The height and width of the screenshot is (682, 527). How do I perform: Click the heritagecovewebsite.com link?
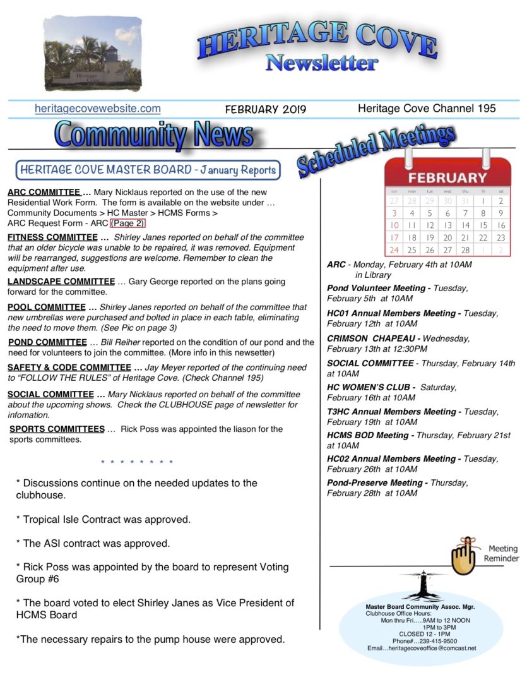[97, 109]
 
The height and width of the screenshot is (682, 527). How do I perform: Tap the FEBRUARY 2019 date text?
[265, 109]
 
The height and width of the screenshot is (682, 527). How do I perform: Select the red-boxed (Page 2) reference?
[127, 223]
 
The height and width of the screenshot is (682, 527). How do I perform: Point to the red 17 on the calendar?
[394, 237]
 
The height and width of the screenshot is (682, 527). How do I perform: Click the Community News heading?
[154, 135]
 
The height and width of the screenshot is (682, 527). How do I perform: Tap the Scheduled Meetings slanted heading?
[376, 150]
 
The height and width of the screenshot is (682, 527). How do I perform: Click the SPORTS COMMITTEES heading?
[57, 429]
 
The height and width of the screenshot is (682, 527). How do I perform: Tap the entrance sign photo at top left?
[93, 54]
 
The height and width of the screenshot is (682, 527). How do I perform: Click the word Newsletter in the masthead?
[321, 63]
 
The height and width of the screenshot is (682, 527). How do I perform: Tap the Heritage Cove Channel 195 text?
[427, 108]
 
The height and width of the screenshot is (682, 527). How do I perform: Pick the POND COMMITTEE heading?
[44, 342]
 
